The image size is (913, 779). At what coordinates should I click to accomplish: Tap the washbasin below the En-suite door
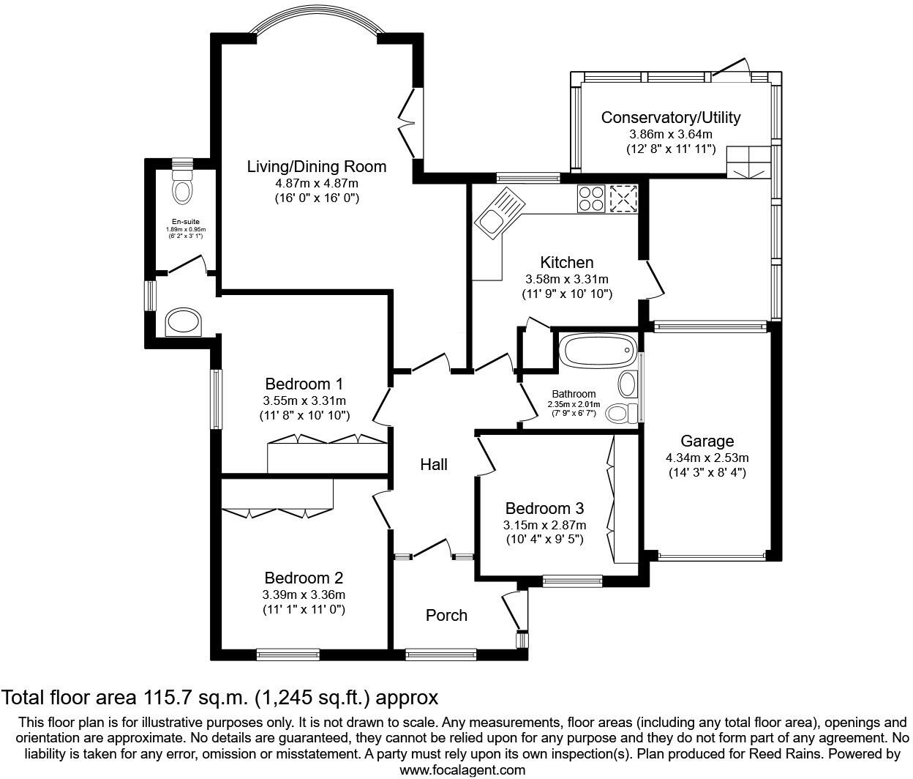[x=183, y=321]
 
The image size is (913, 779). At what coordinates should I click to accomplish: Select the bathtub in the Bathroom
[x=596, y=351]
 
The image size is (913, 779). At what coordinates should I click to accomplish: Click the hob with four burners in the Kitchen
[x=591, y=198]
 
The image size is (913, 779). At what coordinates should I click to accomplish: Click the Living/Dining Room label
[x=317, y=166]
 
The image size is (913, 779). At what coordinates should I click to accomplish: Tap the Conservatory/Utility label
[x=671, y=117]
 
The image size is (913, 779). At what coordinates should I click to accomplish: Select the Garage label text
[x=707, y=441]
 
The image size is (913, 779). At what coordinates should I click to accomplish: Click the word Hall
[x=434, y=464]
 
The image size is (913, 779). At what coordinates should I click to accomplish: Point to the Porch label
[x=446, y=615]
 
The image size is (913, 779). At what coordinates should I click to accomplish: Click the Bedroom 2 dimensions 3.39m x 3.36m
[x=304, y=594]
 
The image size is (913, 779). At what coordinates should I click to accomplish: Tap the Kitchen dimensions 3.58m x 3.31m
[x=567, y=279]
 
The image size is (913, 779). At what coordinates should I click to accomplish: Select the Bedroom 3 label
[x=544, y=508]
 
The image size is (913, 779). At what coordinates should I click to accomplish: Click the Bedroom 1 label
[x=304, y=384]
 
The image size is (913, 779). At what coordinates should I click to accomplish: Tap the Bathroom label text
[x=574, y=394]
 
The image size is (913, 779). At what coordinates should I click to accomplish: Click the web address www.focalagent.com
[x=462, y=770]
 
